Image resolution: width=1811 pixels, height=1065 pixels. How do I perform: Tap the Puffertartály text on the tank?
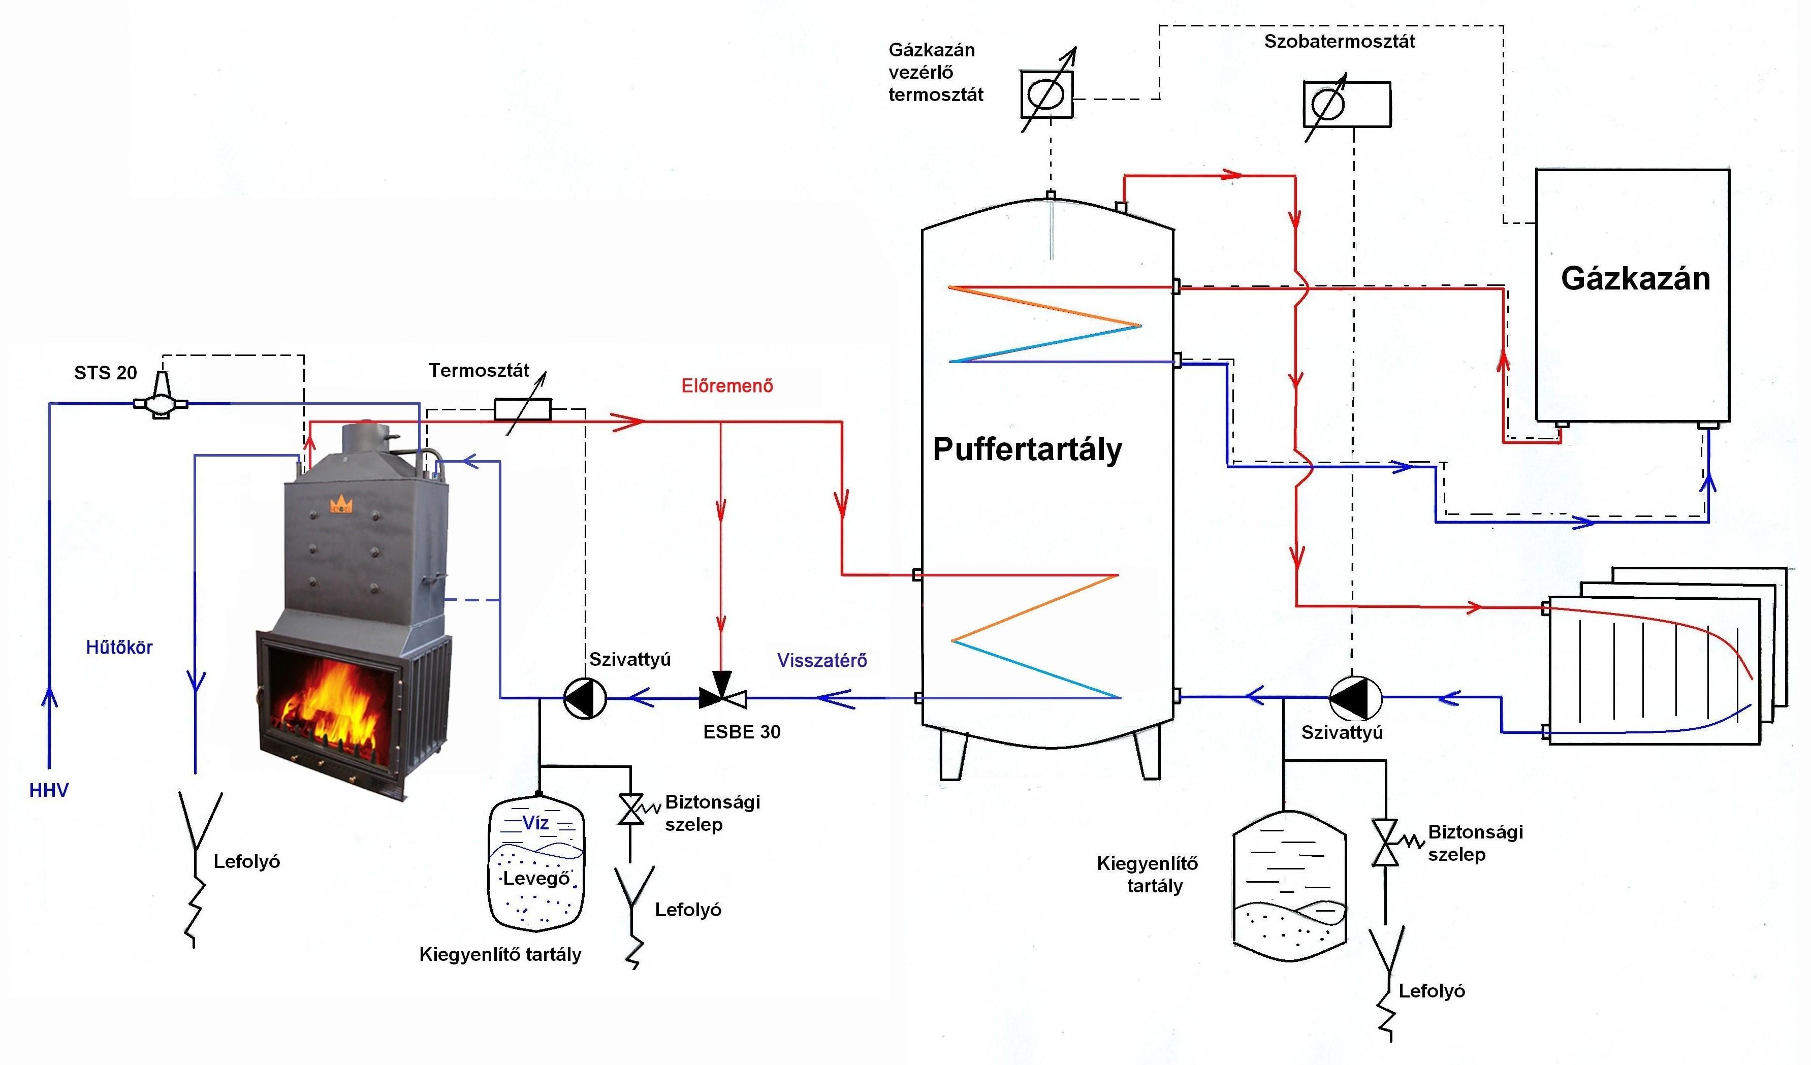pos(1027,450)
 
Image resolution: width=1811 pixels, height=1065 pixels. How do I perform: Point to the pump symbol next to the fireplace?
pos(585,697)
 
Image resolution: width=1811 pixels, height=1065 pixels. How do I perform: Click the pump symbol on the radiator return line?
pos(1355,697)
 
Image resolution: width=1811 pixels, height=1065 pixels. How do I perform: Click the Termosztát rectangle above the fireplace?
pos(522,410)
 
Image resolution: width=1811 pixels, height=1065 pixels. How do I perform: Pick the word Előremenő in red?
pos(727,386)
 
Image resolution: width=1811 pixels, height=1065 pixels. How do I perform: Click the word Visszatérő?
pos(822,660)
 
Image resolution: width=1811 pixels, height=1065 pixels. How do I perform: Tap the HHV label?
pos(49,790)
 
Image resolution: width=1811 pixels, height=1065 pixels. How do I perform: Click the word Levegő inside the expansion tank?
pos(536,878)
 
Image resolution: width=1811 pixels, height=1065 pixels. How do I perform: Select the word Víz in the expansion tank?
pos(535,823)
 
